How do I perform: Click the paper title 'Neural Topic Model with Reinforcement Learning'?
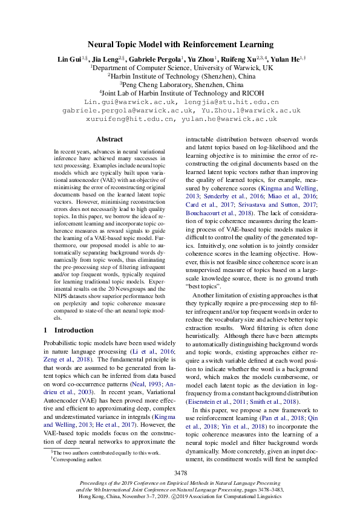click(x=180, y=44)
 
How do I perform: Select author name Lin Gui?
click(x=67, y=59)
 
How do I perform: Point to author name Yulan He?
click(x=287, y=59)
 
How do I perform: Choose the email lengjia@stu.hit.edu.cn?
click(x=232, y=102)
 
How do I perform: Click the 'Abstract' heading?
click(x=110, y=139)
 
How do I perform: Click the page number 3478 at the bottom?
click(x=180, y=472)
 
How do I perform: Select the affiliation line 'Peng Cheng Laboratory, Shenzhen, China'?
click(x=180, y=85)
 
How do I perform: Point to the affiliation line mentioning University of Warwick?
click(x=180, y=68)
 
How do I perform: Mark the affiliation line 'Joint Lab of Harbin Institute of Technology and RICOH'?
click(x=180, y=93)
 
